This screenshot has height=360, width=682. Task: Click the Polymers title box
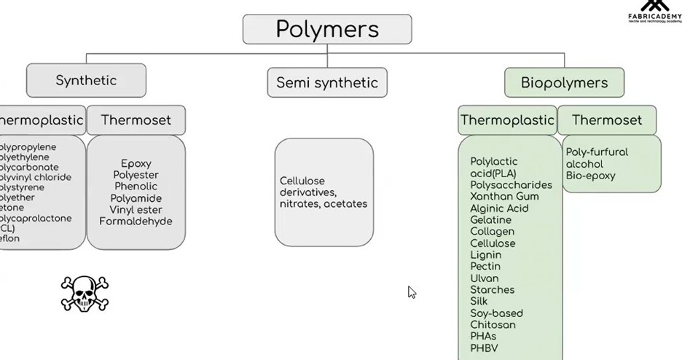point(327,29)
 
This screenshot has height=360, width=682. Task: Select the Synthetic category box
point(86,80)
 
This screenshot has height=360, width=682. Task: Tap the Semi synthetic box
point(327,82)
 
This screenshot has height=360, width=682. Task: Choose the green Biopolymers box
point(564,82)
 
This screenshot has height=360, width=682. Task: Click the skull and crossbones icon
point(85,294)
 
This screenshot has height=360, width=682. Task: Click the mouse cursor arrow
point(412,292)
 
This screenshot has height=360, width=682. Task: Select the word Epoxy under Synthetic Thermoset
point(136,163)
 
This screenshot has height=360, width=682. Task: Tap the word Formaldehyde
point(136,221)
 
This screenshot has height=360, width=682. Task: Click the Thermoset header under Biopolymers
point(607,120)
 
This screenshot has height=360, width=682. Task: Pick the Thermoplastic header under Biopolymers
point(506,120)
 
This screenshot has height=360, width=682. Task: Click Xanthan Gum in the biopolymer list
point(504,197)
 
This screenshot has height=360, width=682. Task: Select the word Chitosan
point(493,324)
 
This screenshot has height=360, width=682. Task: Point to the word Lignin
point(486,255)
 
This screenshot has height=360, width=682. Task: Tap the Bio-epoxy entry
point(590,176)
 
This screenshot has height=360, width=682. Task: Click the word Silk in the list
point(479,301)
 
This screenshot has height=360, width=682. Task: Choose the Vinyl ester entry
point(136,209)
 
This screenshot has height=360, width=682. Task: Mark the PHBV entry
point(485,348)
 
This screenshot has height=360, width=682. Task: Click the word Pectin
point(485,267)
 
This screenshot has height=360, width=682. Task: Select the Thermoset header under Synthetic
point(136,120)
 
